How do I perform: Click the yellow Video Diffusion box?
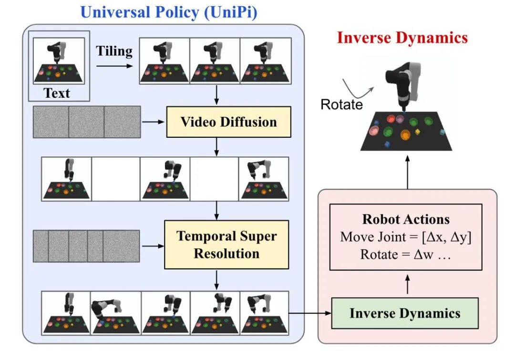point(228,122)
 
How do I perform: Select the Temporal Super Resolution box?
point(227,245)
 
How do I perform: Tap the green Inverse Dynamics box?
point(405,313)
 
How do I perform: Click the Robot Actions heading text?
point(406,219)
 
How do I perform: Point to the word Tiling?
point(114,51)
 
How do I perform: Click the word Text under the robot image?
point(57,93)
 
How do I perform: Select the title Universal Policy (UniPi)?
point(169,12)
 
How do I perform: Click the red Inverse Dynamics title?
point(402,38)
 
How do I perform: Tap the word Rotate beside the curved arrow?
point(341,104)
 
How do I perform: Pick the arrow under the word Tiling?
point(114,65)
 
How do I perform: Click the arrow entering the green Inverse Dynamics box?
point(310,313)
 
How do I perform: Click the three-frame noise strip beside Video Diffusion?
point(87,123)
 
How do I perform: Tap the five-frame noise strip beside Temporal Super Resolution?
point(86,246)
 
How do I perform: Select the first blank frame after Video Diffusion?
point(115,179)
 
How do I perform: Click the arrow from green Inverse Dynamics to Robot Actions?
point(407,286)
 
